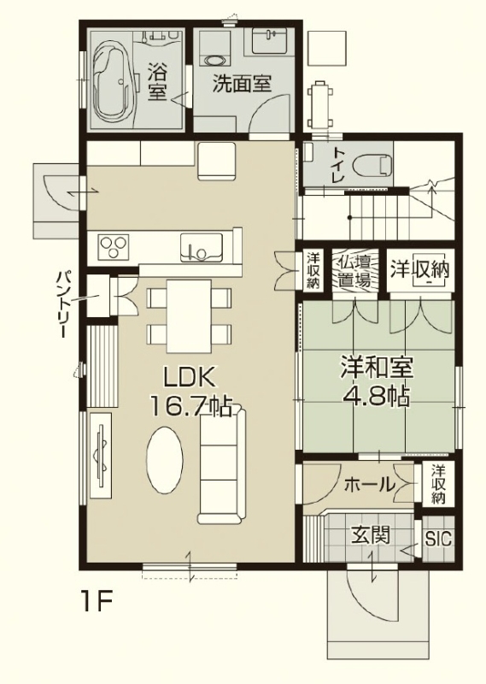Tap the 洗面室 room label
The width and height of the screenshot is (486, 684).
242,83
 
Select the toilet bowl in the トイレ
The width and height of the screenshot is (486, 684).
372,166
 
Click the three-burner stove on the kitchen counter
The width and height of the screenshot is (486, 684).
114,246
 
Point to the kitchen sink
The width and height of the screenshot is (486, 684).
202,247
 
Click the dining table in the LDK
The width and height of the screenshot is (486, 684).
189,315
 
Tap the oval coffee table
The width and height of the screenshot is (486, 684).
164,459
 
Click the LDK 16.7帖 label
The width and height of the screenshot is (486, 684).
190,392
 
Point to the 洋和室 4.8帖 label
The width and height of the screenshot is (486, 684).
376,380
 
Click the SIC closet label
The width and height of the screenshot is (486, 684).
438,540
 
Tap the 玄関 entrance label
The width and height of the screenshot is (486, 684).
371,534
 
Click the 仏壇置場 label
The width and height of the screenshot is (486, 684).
354,271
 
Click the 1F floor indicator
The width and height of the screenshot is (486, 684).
97,601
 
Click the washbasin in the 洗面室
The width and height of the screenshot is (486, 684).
269,40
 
